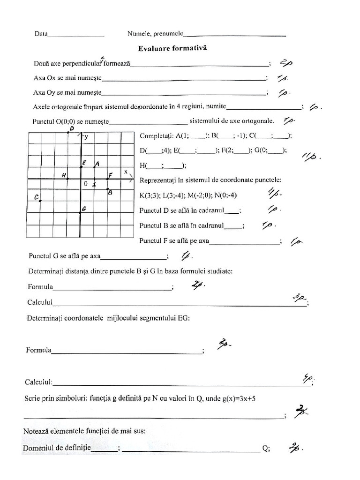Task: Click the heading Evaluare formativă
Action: click(172, 48)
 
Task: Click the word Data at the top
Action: click(40, 34)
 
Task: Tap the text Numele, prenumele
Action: click(155, 34)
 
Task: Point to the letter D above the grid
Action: click(72, 128)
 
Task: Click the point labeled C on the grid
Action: click(40, 201)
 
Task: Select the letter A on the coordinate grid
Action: click(97, 164)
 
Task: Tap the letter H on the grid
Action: click(64, 175)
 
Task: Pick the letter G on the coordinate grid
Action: click(83, 209)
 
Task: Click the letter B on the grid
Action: click(109, 192)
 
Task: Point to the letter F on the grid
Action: click(111, 175)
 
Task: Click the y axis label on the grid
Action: click(87, 137)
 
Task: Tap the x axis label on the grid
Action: click(126, 172)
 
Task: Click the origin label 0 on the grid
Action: click(86, 184)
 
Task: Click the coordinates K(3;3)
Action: click(150, 195)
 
